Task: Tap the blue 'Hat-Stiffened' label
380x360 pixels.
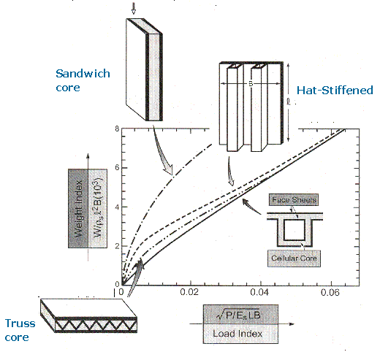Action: point(335,91)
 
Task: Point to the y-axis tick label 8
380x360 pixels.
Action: point(115,129)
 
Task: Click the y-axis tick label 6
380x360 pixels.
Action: point(115,168)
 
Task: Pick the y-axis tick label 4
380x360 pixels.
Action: point(115,207)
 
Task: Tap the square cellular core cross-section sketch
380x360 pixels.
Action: point(284,229)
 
